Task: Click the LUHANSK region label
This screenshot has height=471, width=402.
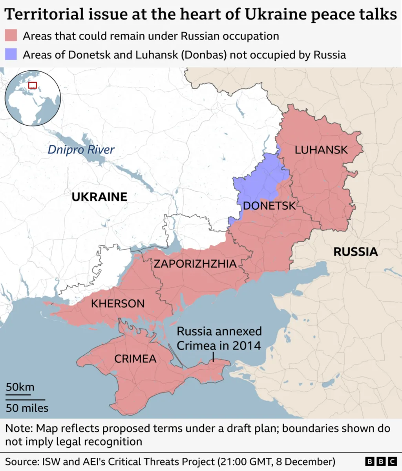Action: [x=321, y=150]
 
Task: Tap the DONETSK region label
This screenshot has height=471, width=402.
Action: [x=269, y=205]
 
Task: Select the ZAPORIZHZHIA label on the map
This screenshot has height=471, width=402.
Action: [x=195, y=263]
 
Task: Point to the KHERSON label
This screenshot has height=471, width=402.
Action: [x=118, y=303]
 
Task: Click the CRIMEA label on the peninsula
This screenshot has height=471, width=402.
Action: [x=135, y=358]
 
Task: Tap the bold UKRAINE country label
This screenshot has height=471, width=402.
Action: [x=99, y=197]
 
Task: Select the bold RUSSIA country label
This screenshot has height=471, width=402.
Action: [x=355, y=252]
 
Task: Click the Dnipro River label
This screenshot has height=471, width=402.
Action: [x=81, y=150]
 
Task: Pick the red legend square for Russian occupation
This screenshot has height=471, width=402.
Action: [x=11, y=36]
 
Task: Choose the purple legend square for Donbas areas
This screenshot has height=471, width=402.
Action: [x=11, y=54]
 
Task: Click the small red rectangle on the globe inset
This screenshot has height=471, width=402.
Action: [x=33, y=85]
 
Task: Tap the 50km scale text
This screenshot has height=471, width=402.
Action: [x=20, y=387]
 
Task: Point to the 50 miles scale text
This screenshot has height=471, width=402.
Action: [x=27, y=408]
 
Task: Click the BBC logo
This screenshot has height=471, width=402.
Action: [x=380, y=461]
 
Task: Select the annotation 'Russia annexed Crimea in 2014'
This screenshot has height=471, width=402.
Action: [x=219, y=338]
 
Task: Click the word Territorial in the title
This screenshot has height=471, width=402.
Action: [x=44, y=15]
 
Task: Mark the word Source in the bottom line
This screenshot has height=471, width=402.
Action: [x=21, y=461]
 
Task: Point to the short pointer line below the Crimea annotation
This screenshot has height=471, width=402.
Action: [x=213, y=357]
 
